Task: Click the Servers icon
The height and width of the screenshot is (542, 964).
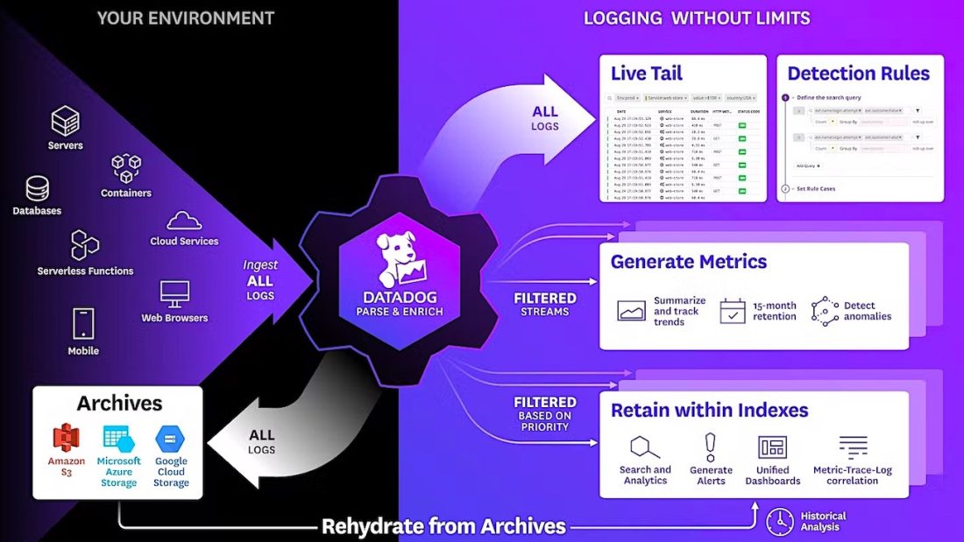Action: (x=65, y=120)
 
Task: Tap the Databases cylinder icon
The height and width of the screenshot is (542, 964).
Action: (x=37, y=188)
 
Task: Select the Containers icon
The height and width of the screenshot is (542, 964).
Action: (x=126, y=168)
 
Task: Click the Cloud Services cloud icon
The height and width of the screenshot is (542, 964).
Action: (x=184, y=220)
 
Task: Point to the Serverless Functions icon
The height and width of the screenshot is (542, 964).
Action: (x=85, y=245)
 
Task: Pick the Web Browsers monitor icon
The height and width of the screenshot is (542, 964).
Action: (x=174, y=294)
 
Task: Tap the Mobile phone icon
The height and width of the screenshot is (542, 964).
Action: (x=83, y=324)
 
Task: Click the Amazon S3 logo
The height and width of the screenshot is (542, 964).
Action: (x=67, y=438)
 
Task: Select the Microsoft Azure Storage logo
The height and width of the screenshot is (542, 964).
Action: (x=118, y=439)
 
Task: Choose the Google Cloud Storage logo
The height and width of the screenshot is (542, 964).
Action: (x=170, y=439)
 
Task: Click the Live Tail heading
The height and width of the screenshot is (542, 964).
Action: (x=646, y=73)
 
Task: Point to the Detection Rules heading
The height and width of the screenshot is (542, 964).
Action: (x=858, y=73)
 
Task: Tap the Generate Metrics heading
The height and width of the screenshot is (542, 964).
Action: (x=688, y=261)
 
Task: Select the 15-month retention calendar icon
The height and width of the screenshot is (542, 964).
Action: (x=732, y=311)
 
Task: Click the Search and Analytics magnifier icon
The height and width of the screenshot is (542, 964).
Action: (x=645, y=447)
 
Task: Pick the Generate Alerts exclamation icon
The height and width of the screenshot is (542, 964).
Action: (x=711, y=447)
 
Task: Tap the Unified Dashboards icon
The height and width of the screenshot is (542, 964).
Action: (x=772, y=447)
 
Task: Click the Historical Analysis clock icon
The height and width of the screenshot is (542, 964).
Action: (x=779, y=522)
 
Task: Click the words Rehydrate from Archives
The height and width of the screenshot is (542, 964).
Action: (x=443, y=526)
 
